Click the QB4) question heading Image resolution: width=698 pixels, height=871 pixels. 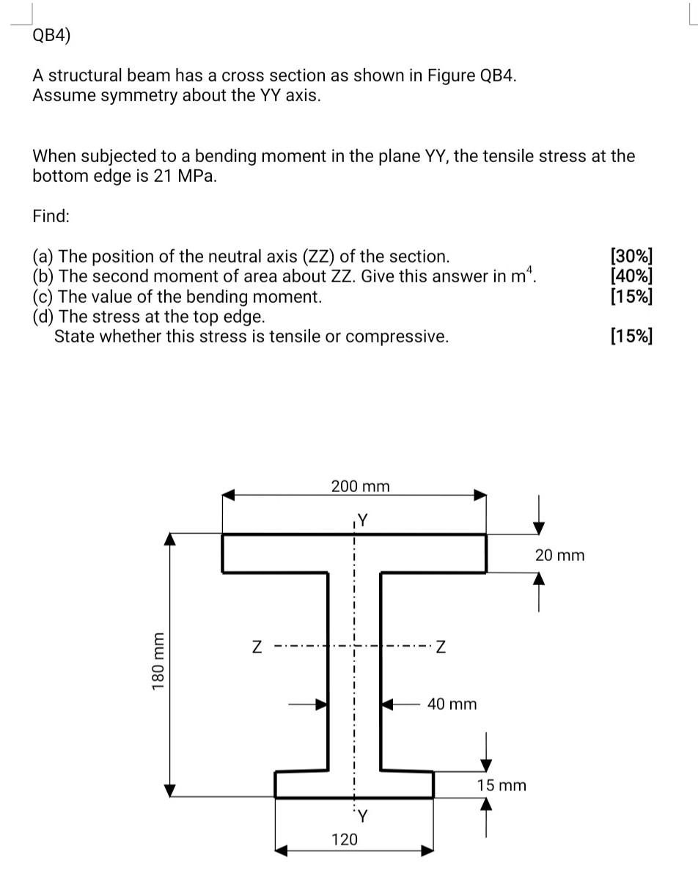(51, 36)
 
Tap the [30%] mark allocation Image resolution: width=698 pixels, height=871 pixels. (631, 257)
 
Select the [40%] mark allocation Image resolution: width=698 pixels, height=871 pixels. (631, 276)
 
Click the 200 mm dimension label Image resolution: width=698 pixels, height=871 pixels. (360, 486)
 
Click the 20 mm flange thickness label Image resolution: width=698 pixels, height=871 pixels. (559, 555)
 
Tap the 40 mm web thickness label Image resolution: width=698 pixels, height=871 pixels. (452, 705)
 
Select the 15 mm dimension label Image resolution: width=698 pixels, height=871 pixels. (502, 785)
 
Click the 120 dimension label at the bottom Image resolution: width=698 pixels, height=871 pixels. (345, 839)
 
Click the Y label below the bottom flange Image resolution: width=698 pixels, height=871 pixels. (362, 815)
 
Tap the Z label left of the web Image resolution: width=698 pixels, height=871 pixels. (257, 647)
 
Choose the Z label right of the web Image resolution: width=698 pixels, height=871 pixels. (440, 647)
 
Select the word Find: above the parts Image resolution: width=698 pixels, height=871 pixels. (51, 216)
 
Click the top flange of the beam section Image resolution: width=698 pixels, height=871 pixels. (353, 553)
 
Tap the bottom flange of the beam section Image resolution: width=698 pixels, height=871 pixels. (353, 784)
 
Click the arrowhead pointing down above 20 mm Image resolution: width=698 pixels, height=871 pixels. (539, 526)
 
